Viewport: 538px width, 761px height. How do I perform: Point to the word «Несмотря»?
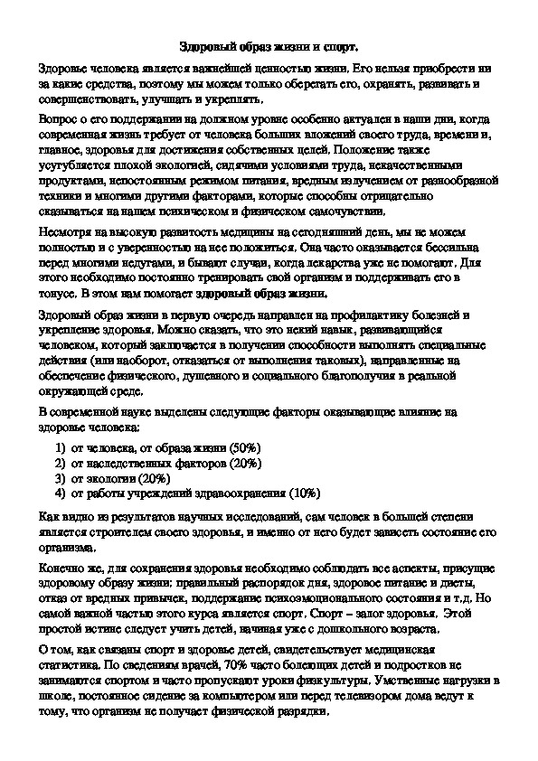coord(65,231)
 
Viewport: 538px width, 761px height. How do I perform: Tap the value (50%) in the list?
coord(244,447)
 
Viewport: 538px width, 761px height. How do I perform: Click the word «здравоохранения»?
coord(239,493)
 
